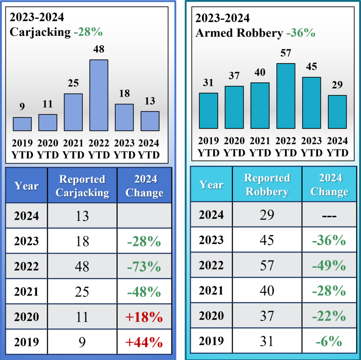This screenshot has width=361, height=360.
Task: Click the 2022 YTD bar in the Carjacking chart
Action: tap(99, 95)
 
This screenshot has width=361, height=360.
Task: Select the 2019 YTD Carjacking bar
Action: tap(22, 124)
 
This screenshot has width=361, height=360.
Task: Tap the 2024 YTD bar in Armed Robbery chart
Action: tap(337, 112)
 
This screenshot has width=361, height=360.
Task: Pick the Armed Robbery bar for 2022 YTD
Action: tap(286, 96)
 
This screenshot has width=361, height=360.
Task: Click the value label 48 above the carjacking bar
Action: tap(99, 49)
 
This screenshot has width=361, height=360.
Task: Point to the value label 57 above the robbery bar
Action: tap(286, 53)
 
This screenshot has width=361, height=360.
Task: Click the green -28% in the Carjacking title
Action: tap(88, 32)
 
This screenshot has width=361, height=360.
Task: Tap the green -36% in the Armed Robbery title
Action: tap(301, 33)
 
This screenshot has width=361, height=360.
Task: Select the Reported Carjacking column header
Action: tap(82, 186)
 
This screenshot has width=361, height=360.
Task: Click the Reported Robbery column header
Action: tap(267, 184)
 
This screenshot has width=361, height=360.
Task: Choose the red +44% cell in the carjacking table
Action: tap(144, 342)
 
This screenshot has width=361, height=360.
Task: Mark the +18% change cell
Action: tap(144, 317)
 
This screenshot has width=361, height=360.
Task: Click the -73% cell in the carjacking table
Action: tap(144, 267)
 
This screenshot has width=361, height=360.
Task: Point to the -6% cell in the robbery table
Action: tap(329, 341)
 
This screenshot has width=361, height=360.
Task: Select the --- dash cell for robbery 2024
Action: tap(329, 215)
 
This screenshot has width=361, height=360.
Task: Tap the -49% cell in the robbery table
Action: tap(329, 265)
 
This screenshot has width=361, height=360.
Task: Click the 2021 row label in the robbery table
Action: tap(211, 291)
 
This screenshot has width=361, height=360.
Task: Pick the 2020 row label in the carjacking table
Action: tap(26, 317)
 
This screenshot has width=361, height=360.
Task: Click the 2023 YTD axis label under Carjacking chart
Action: tap(124, 149)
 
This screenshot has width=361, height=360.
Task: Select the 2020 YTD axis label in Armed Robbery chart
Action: tap(234, 147)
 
